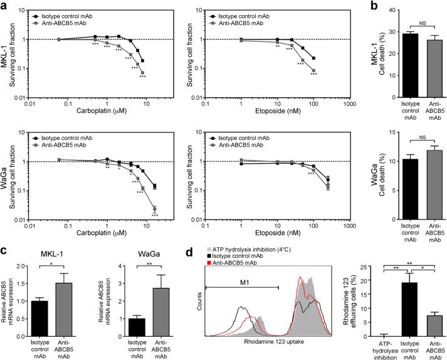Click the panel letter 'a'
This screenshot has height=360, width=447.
pos(5,6)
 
